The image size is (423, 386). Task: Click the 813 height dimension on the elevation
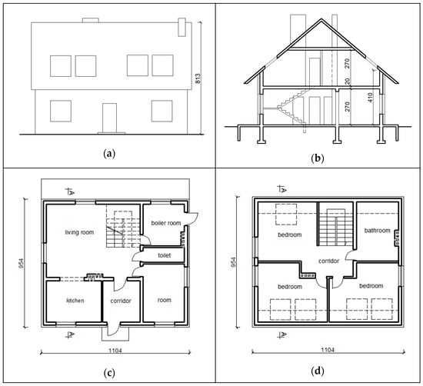[198, 78]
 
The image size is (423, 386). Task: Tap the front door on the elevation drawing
[109, 118]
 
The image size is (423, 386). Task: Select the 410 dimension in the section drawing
[370, 98]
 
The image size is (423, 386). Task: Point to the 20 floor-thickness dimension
[348, 82]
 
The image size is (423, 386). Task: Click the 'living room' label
[79, 232]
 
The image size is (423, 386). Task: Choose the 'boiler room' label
[166, 223]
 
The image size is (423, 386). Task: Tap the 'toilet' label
[165, 255]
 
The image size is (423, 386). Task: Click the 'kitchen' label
[75, 301]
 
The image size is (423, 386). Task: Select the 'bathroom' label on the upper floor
[377, 231]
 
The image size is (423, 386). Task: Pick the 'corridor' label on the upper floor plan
[328, 261]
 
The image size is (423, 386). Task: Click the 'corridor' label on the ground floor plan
[121, 301]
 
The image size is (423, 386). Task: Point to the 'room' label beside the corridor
[165, 300]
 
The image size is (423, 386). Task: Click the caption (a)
[109, 154]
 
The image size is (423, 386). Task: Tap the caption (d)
[317, 371]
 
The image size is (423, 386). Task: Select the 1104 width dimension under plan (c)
[115, 351]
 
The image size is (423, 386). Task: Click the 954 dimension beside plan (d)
[233, 262]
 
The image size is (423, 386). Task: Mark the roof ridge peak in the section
[321, 18]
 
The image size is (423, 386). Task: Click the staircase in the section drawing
[292, 107]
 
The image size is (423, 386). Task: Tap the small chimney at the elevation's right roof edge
[182, 27]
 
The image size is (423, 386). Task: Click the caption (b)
[317, 158]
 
